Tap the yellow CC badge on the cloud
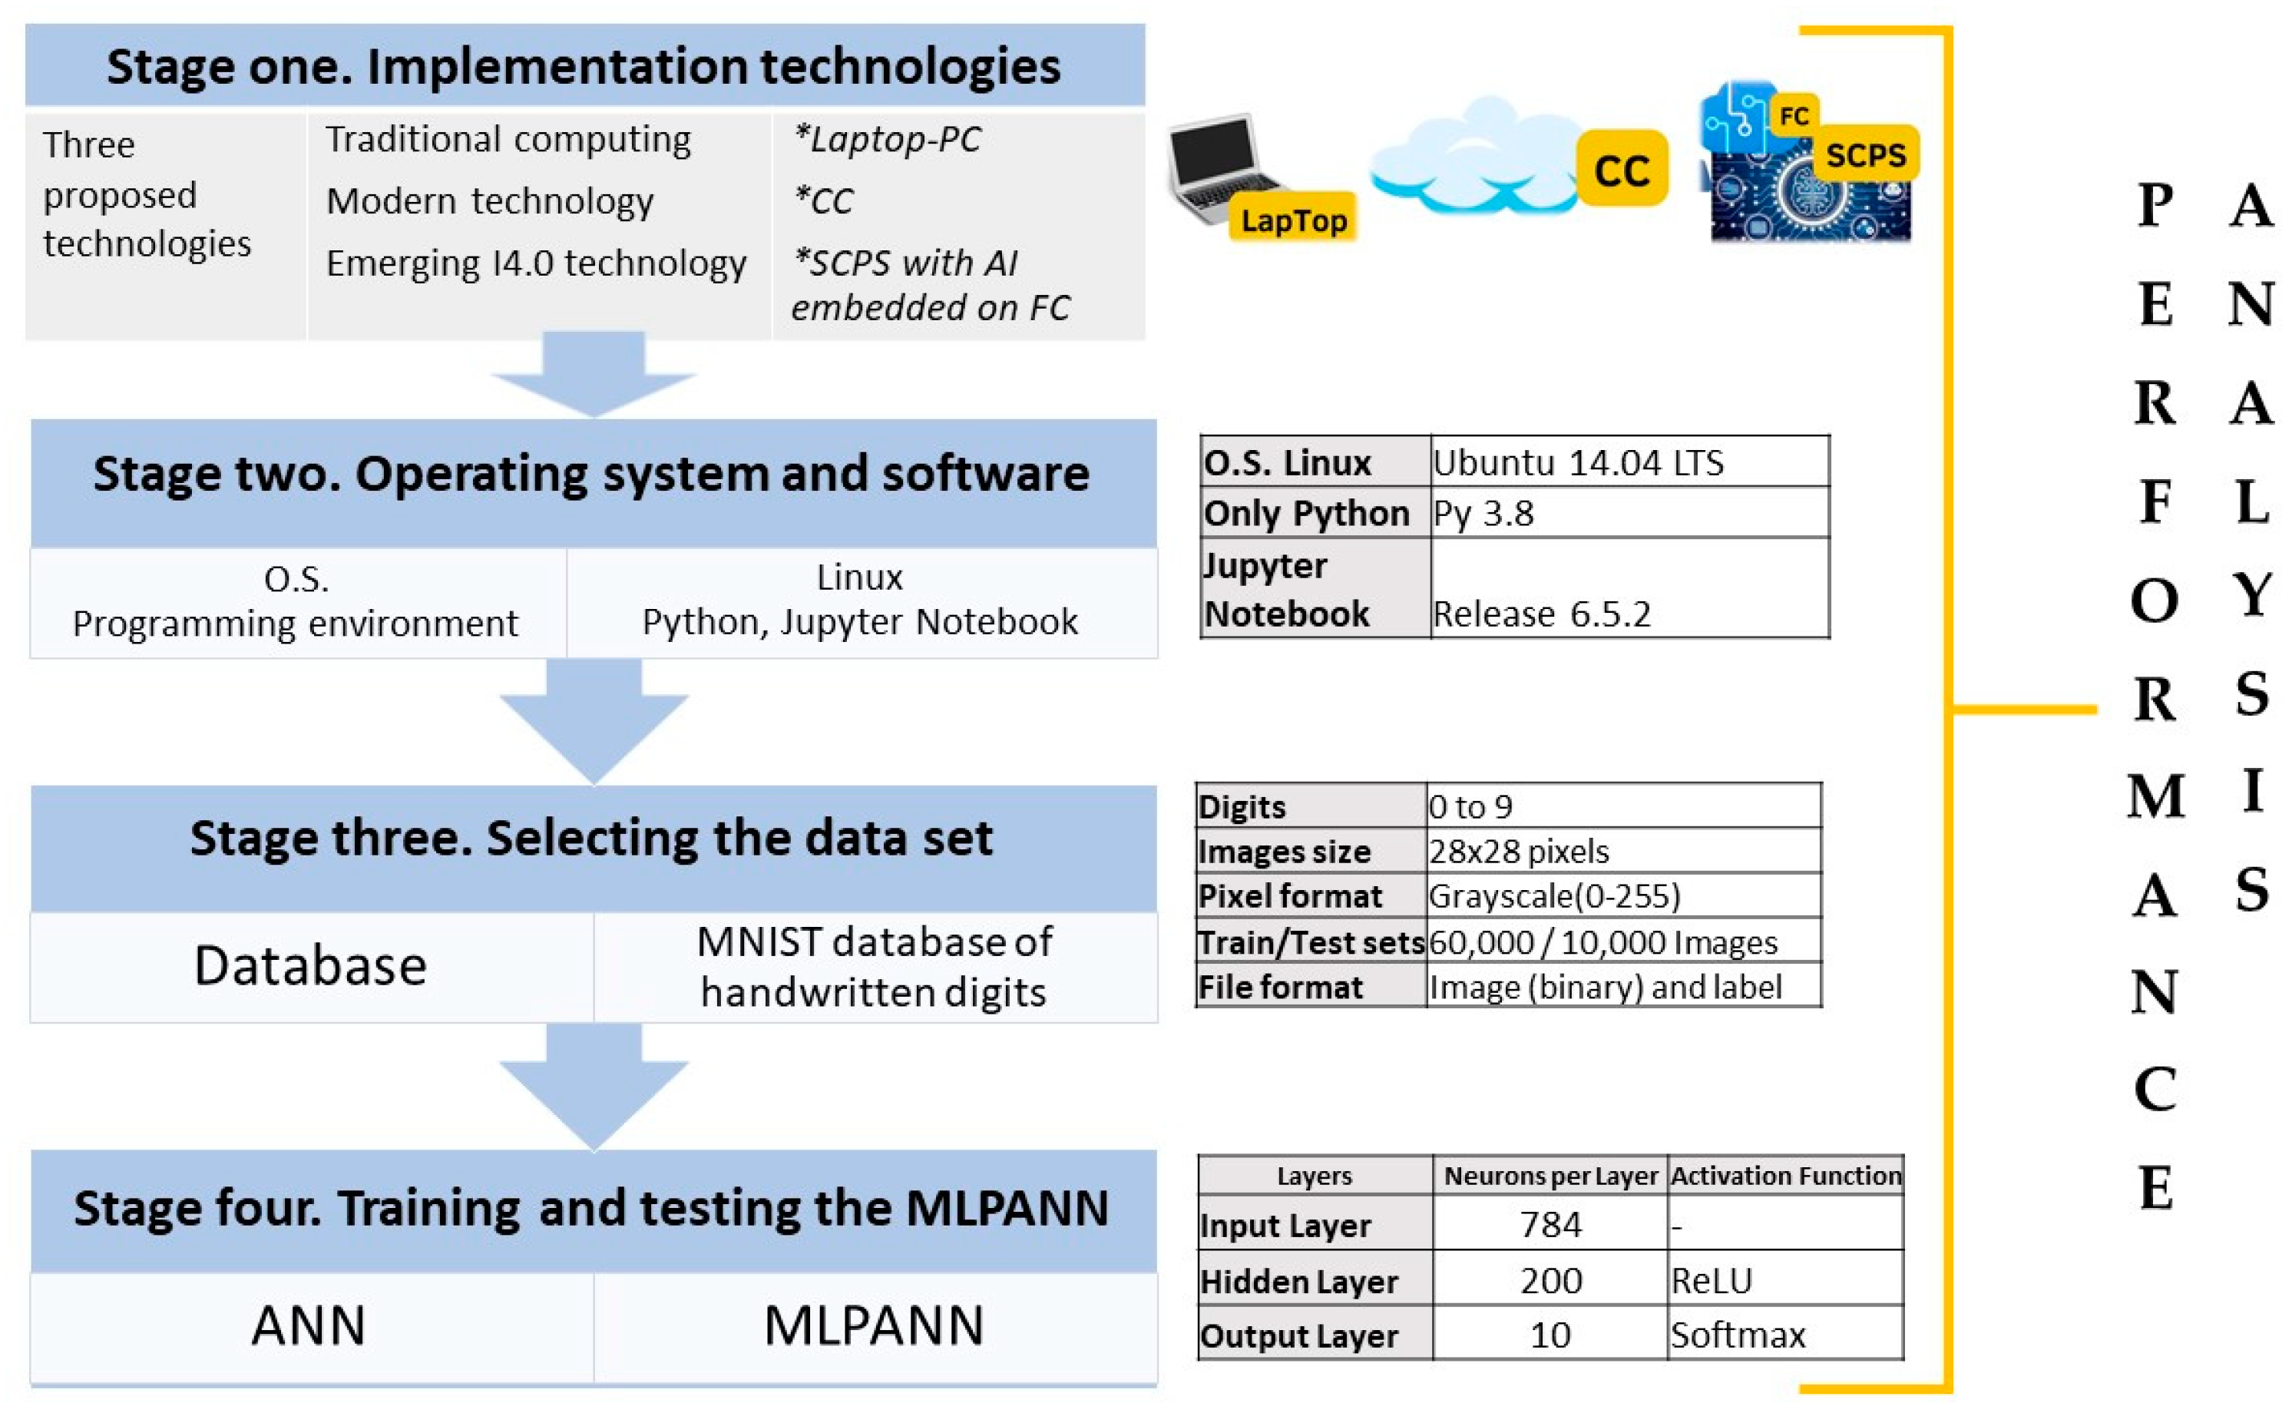(x=1622, y=168)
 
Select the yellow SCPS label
(x=1865, y=154)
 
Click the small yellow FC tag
(x=1794, y=115)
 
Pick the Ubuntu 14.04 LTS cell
(x=1629, y=462)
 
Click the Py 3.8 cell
(x=1629, y=512)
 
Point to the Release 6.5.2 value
(x=1542, y=614)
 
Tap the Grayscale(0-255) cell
(x=1624, y=895)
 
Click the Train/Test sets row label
(x=1311, y=942)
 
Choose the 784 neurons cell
(x=1550, y=1224)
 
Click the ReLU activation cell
(x=1785, y=1279)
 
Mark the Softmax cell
(x=1785, y=1334)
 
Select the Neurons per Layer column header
(x=1550, y=1176)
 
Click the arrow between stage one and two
(x=594, y=374)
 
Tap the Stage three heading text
(x=591, y=837)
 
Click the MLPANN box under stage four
(x=875, y=1327)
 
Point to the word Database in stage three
(x=310, y=965)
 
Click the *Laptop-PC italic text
(x=887, y=139)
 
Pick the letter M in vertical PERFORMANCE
(x=2155, y=796)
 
